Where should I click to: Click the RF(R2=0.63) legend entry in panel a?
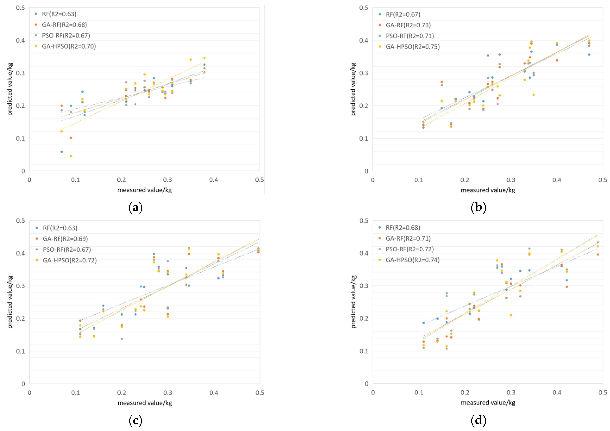tap(59, 14)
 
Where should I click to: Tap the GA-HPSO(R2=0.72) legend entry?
tap(70, 260)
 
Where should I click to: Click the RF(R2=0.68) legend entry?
tap(403, 228)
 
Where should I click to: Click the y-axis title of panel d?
tap(354, 302)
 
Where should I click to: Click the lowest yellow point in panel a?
tap(71, 156)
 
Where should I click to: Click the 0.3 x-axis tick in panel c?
tap(168, 393)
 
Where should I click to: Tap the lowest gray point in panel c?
tap(122, 339)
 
